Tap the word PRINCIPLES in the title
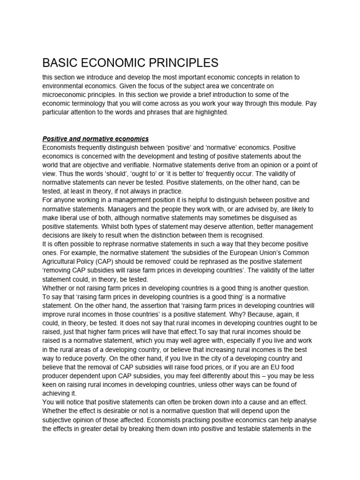coord(179,63)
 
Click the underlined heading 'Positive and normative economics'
coord(96,139)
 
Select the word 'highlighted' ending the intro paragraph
coord(209,113)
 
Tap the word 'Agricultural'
coord(61,261)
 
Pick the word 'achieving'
coord(57,393)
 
